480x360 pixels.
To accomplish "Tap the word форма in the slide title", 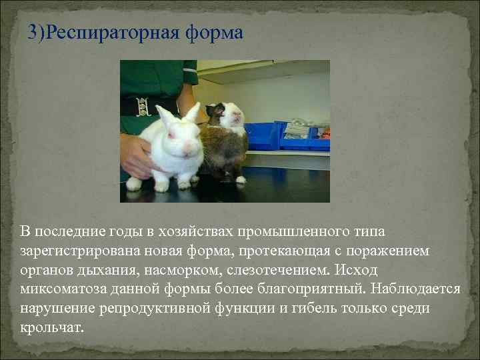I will click(215, 33).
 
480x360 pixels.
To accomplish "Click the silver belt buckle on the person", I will click(141, 105).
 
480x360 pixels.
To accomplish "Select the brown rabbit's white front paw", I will click(240, 179).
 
